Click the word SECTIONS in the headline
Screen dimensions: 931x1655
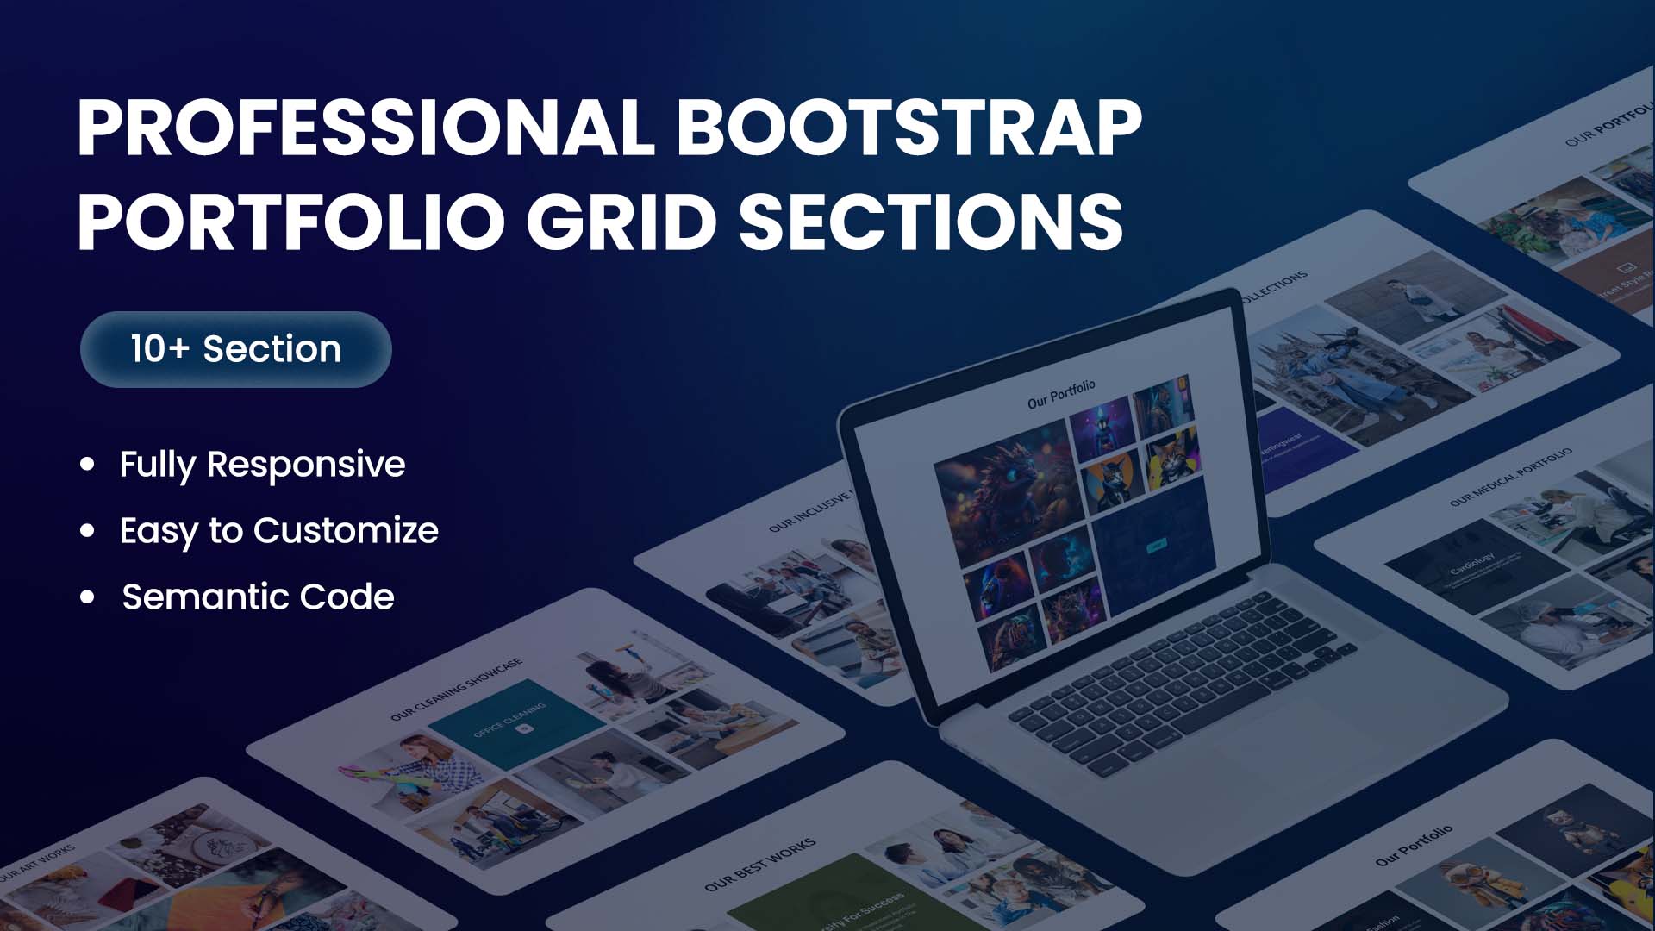click(x=931, y=222)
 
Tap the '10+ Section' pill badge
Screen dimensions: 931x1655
click(x=235, y=349)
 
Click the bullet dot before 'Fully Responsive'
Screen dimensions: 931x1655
click(x=87, y=465)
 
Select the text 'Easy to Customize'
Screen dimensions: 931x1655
click(x=278, y=530)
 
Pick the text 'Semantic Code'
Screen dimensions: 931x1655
click(x=258, y=597)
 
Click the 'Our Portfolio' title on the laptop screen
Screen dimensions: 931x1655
click(x=1061, y=395)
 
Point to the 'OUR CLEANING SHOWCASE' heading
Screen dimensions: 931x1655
click(x=456, y=690)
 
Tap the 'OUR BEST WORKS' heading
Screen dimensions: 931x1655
click(x=759, y=865)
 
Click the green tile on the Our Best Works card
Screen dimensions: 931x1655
click(x=827, y=901)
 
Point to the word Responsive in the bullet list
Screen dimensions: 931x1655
click(x=305, y=465)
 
